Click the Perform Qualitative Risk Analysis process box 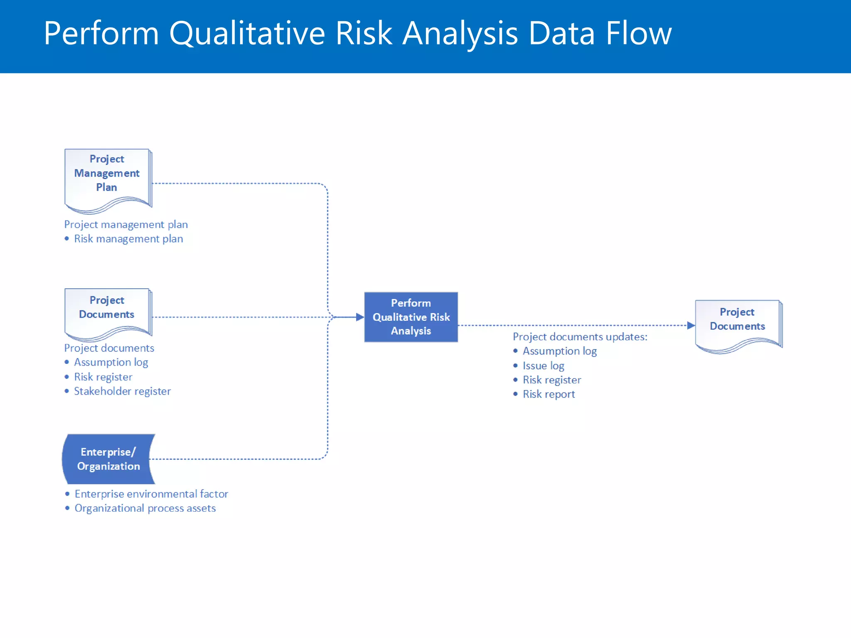tap(411, 317)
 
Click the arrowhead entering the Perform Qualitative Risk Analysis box tap(360, 317)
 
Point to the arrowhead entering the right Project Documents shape tap(691, 326)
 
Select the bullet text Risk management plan tap(128, 239)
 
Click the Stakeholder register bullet tap(122, 391)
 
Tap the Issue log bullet tap(543, 366)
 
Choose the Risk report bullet tap(548, 394)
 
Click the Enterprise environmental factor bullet tap(151, 494)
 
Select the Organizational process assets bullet tap(145, 508)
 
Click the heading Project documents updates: tap(580, 337)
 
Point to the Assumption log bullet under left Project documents tap(111, 362)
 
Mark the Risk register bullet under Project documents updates tap(551, 380)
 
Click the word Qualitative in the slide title tap(247, 33)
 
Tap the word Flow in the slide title tap(638, 33)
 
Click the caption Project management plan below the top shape tap(126, 225)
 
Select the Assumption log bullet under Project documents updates tap(559, 351)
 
